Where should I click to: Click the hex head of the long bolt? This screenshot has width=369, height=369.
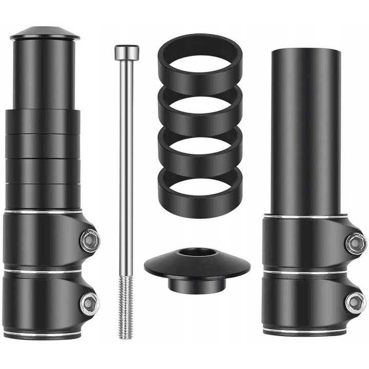(x=127, y=52)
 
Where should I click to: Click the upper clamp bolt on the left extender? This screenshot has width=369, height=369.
(x=90, y=240)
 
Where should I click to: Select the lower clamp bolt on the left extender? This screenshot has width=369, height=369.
(x=90, y=302)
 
